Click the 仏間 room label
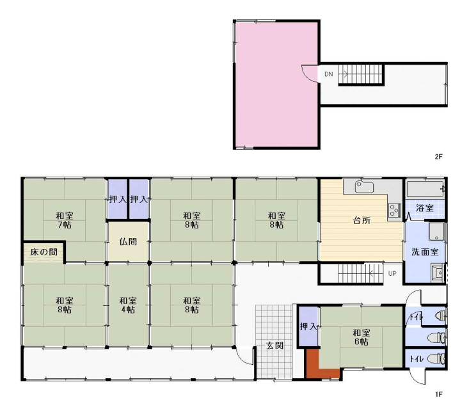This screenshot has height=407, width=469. tap(129, 242)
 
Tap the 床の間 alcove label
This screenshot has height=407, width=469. tap(44, 251)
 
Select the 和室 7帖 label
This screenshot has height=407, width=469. tap(65, 220)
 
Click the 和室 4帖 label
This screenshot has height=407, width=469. tap(129, 305)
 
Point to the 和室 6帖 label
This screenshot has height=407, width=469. tap(362, 337)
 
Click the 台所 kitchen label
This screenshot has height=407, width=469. tap(362, 221)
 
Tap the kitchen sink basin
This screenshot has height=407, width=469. tap(364, 187)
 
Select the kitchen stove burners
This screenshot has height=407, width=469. tap(395, 210)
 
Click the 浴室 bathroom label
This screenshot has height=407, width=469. tap(425, 208)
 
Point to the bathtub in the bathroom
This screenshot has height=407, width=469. tap(425, 189)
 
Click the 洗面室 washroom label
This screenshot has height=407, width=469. tap(425, 252)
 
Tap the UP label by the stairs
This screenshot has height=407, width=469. tap(392, 273)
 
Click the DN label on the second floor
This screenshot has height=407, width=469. tap(328, 74)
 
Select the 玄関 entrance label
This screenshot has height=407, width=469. tap(274, 346)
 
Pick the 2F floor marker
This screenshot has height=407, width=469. tap(438, 156)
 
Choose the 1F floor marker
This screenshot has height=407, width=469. tap(438, 394)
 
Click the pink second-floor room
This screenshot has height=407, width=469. tap(276, 84)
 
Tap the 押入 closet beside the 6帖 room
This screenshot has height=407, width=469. tap(308, 326)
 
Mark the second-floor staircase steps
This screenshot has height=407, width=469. tap(361, 74)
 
